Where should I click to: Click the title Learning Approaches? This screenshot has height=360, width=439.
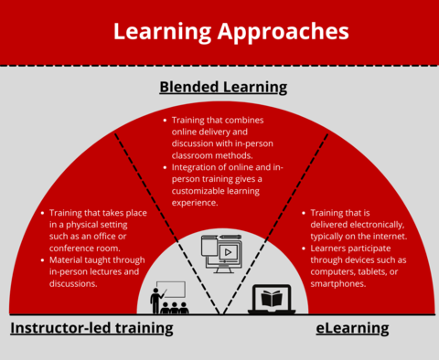click(230, 31)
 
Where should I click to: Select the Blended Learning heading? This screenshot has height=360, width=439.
click(223, 88)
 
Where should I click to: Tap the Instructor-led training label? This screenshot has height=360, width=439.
click(91, 327)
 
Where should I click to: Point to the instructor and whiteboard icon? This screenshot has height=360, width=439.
click(168, 298)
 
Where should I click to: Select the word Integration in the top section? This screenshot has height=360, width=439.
click(197, 167)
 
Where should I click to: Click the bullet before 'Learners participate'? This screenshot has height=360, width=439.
click(305, 248)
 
